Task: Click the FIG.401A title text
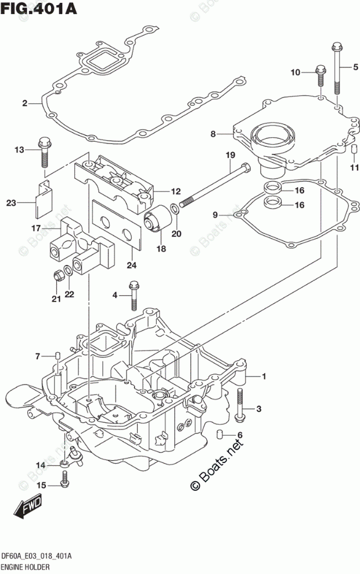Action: tap(38, 8)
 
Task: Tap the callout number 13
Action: tap(19, 150)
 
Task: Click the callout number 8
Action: tap(213, 134)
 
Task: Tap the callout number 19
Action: tap(230, 155)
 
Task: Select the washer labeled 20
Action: tap(175, 210)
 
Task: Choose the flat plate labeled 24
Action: tap(117, 225)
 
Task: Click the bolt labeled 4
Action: tap(134, 296)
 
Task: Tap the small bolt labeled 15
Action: tap(64, 479)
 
